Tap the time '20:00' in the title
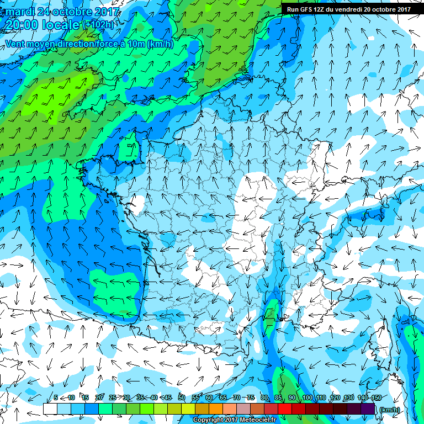[20, 25]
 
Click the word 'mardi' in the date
[20, 11]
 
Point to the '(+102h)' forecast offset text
[99, 25]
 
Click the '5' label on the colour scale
[56, 397]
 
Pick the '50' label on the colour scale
[182, 397]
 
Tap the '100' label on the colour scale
[308, 397]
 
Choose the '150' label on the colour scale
[376, 397]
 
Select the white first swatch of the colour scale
[50, 409]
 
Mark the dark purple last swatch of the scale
[368, 409]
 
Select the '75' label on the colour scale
[251, 397]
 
